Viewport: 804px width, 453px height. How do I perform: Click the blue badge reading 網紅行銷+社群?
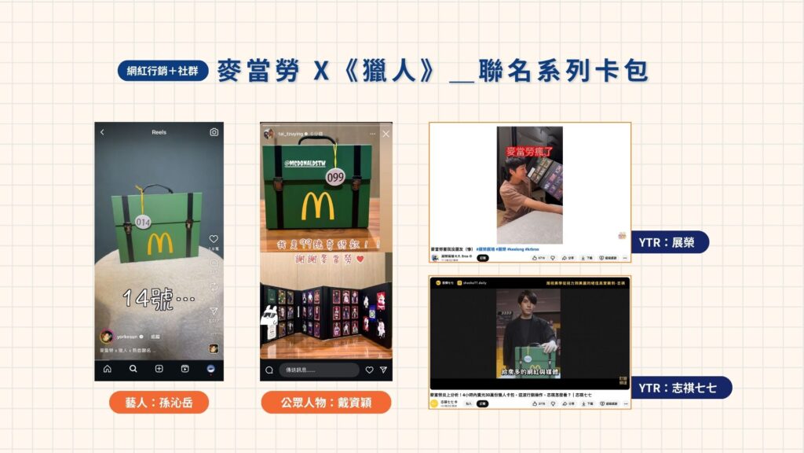(163, 71)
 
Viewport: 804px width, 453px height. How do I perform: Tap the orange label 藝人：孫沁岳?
(159, 402)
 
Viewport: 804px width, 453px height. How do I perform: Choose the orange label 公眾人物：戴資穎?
(325, 402)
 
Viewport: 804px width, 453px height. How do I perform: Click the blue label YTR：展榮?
(670, 241)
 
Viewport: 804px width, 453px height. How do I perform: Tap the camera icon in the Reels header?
(214, 132)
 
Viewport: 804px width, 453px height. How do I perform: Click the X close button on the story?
(386, 134)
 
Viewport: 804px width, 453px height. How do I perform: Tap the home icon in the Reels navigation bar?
(107, 369)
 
